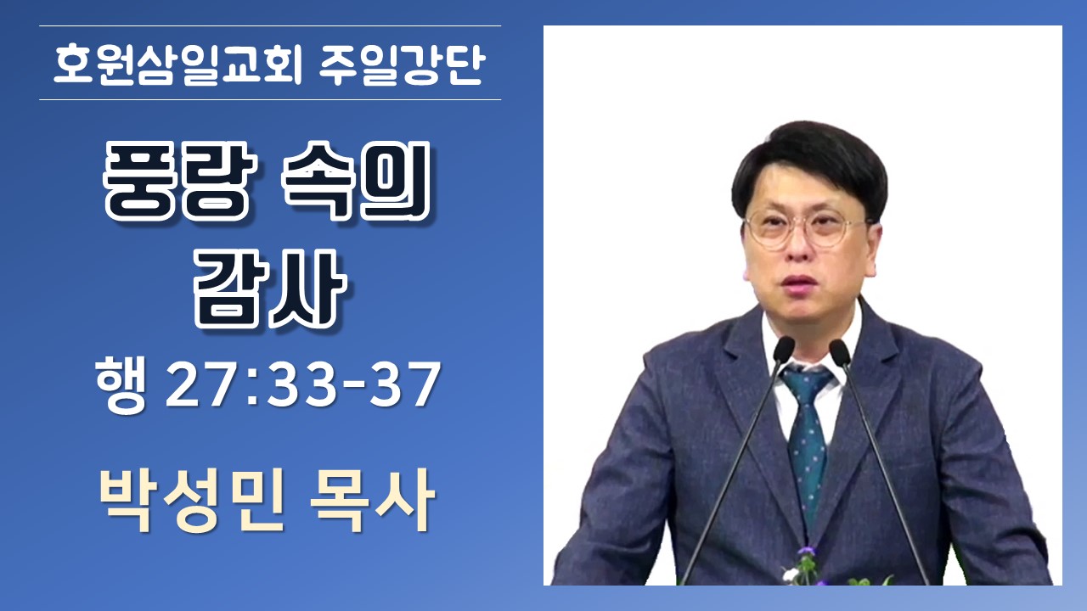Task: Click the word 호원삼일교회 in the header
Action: tap(177, 64)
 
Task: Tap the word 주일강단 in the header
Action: tap(403, 64)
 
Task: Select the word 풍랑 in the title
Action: tap(179, 181)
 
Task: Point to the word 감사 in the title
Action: tap(270, 289)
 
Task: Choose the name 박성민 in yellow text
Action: tap(192, 501)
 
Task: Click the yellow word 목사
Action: tap(372, 501)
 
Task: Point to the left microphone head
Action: tap(782, 349)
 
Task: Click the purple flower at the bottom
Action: tap(807, 552)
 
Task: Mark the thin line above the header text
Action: tap(270, 25)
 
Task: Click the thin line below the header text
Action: tap(270, 100)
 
